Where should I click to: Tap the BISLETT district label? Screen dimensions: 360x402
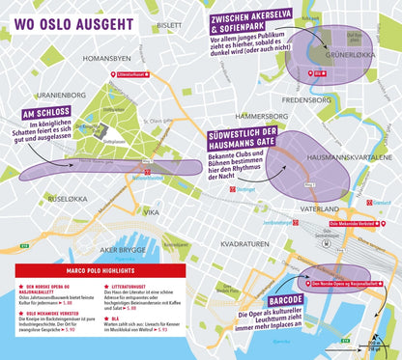[169, 25]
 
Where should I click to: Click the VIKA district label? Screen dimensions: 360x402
[151, 210]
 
